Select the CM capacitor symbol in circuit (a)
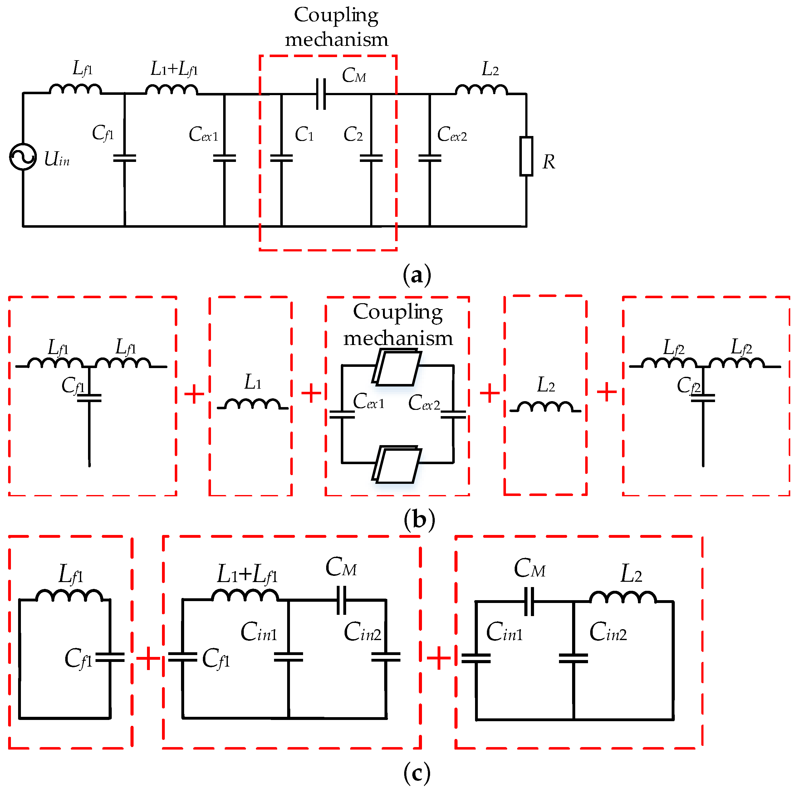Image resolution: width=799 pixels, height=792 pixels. [321, 94]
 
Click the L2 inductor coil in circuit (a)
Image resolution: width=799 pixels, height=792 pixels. [481, 90]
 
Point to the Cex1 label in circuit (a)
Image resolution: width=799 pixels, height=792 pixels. [203, 134]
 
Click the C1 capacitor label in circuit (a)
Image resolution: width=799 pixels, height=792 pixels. [304, 134]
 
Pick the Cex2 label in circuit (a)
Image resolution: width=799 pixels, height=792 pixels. [452, 134]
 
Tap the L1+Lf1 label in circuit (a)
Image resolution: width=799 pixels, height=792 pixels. [174, 69]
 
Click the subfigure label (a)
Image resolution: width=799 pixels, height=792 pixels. [417, 275]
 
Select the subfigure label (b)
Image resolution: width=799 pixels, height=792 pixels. [419, 519]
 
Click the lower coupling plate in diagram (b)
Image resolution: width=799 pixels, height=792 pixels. [397, 465]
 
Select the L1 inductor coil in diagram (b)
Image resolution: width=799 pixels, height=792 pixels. [253, 404]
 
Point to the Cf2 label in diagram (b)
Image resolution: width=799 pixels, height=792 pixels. [688, 385]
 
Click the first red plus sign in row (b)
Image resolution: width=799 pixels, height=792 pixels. [194, 394]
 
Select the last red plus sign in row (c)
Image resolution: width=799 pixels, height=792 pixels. [439, 657]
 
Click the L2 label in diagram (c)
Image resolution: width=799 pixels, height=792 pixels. [631, 574]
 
